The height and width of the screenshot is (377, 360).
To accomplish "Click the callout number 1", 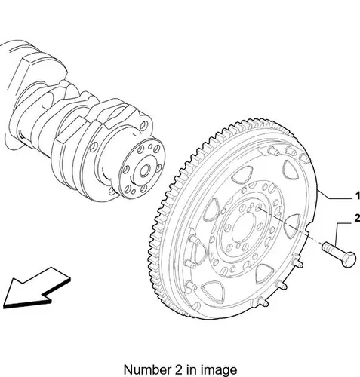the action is tap(357, 196).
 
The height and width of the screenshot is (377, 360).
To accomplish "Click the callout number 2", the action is tap(357, 219).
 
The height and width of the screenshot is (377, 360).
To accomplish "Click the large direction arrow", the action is tap(36, 289).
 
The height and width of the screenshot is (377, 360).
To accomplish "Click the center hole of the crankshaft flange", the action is tap(145, 171).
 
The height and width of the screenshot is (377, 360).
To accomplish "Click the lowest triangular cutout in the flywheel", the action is tap(213, 291).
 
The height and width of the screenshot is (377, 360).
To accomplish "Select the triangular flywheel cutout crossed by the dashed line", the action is tap(292, 225).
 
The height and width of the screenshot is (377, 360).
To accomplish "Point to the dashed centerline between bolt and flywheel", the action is tap(289, 225).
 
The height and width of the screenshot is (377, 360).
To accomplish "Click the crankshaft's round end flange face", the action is tap(141, 169).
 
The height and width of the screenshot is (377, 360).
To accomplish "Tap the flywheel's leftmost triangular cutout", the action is tap(211, 209).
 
